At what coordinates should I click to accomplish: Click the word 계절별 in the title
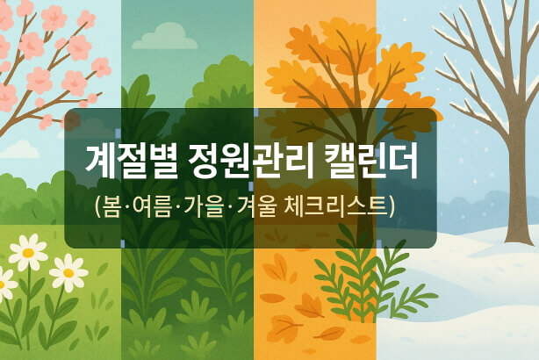tap(129, 161)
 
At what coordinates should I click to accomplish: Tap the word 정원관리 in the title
tap(250, 161)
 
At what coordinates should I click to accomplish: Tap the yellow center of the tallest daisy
tap(29, 253)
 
